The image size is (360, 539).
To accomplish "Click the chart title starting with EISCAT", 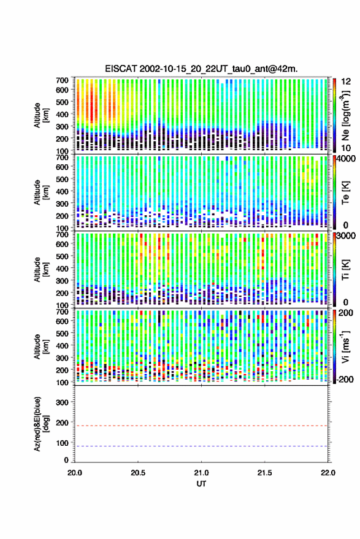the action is (201, 69).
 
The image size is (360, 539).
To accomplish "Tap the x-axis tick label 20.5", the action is (138, 473).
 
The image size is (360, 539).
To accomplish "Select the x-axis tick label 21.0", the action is (201, 473).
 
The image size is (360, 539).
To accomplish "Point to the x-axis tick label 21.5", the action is (264, 473).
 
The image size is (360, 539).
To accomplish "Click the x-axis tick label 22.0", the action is (328, 473).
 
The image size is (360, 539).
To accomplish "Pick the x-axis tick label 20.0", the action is (75, 473).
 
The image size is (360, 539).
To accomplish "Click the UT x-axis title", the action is (201, 484).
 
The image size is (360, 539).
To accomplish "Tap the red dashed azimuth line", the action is (201, 426).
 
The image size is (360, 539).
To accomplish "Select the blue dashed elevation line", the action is (201, 446).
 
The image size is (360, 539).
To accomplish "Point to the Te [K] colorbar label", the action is (345, 193).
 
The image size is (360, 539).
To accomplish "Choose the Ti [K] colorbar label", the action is (345, 270).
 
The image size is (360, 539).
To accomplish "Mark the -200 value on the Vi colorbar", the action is (345, 380).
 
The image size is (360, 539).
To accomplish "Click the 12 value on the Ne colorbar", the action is (346, 82).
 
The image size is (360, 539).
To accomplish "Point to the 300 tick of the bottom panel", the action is (62, 402).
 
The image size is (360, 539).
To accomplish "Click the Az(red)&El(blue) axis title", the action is (41, 424).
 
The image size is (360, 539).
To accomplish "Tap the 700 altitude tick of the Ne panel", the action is (62, 80).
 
